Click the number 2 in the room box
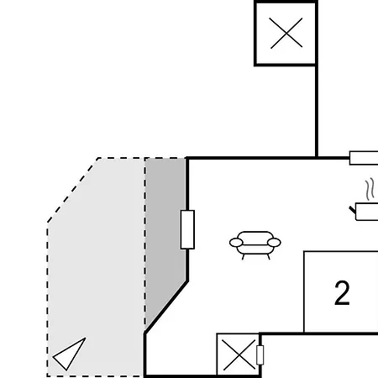pyautogui.click(x=342, y=293)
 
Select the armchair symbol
pyautogui.click(x=255, y=245)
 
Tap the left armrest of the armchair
pyautogui.click(x=236, y=243)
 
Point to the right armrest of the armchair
pyautogui.click(x=274, y=243)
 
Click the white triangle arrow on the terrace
pyautogui.click(x=71, y=354)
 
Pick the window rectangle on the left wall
pyautogui.click(x=187, y=229)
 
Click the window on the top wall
pyautogui.click(x=364, y=158)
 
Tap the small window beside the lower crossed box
pyautogui.click(x=260, y=355)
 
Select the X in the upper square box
pyautogui.click(x=286, y=33)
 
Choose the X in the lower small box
pyautogui.click(x=239, y=355)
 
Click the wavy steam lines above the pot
pyautogui.click(x=370, y=189)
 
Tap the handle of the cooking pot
pyautogui.click(x=352, y=209)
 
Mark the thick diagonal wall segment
pyautogui.click(x=166, y=307)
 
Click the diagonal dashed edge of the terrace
pyautogui.click(x=73, y=190)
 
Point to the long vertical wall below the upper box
pyautogui.click(x=317, y=112)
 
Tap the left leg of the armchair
pyautogui.click(x=243, y=257)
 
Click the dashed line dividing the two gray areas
pyautogui.click(x=145, y=244)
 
